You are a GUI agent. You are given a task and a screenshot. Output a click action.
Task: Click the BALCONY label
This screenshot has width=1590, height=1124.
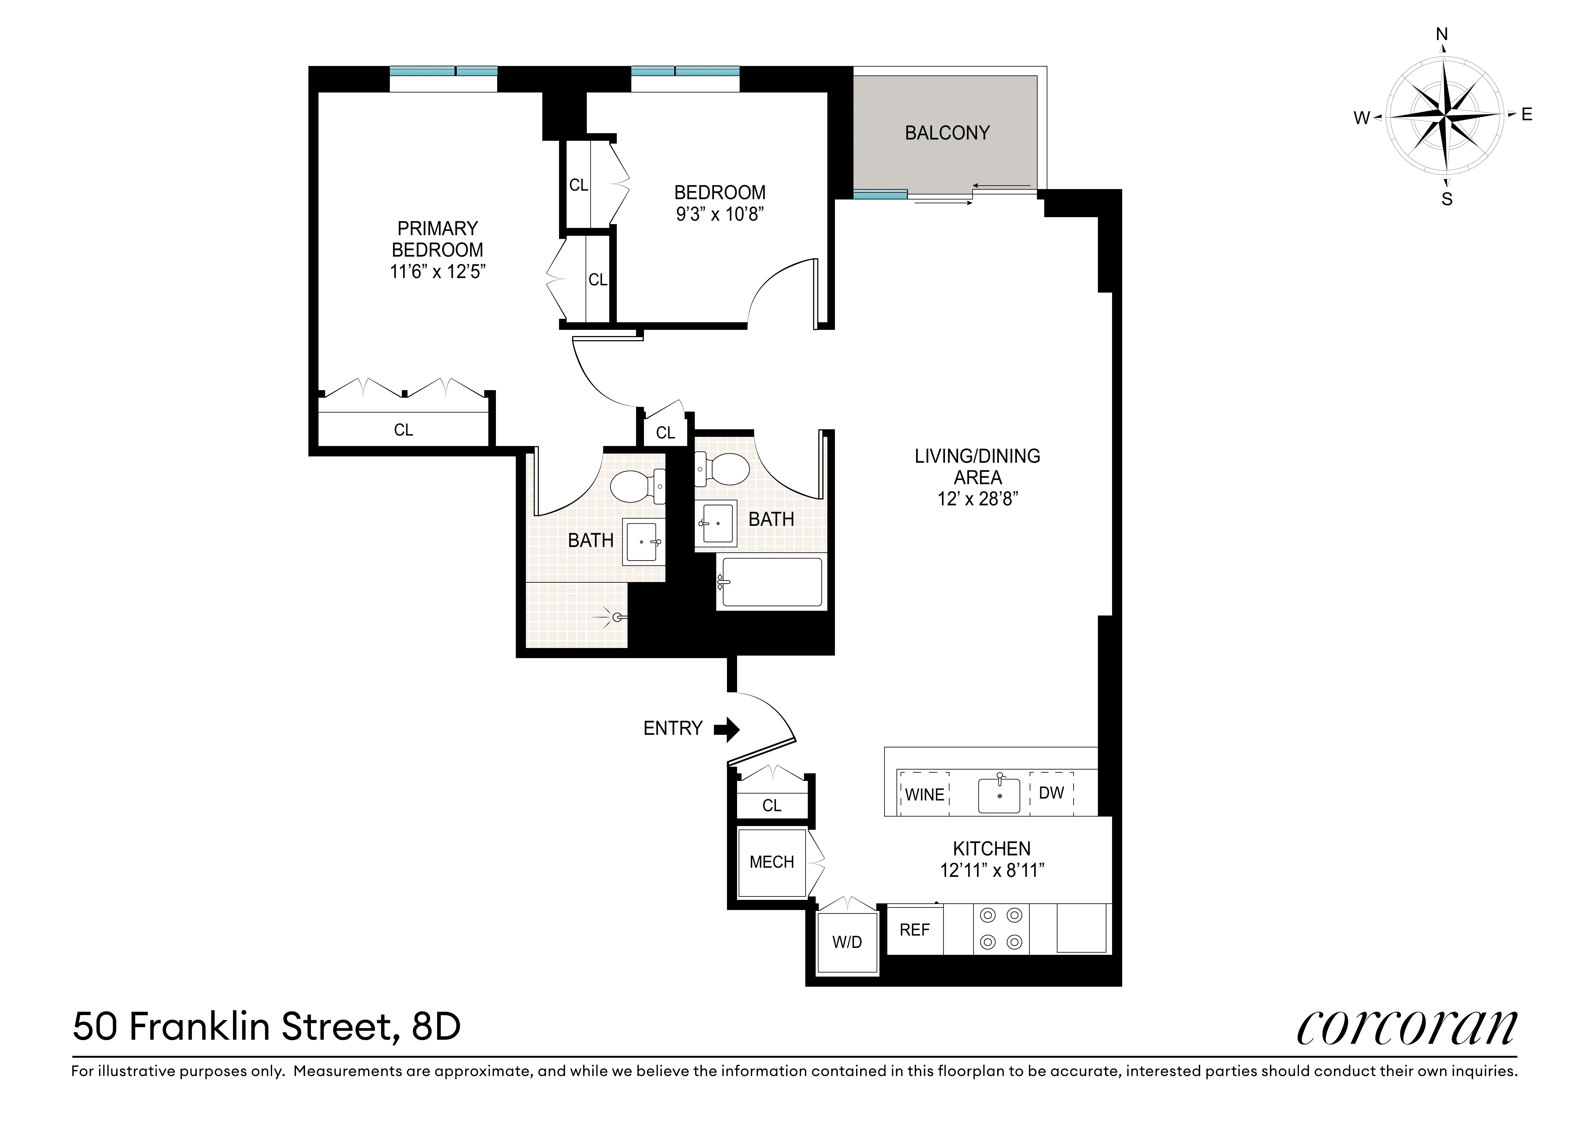pyautogui.click(x=947, y=133)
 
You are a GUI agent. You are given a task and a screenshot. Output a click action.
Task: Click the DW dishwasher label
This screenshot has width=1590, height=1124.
pyautogui.click(x=1051, y=793)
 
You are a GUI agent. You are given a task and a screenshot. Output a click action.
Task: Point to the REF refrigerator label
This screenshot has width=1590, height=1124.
pyautogui.click(x=914, y=930)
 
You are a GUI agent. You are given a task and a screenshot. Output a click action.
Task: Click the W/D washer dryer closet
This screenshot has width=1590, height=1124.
pyautogui.click(x=847, y=942)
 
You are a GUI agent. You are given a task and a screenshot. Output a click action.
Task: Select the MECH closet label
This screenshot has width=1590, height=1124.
pyautogui.click(x=771, y=862)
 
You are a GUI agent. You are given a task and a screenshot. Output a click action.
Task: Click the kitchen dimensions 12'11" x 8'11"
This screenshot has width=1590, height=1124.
pyautogui.click(x=992, y=871)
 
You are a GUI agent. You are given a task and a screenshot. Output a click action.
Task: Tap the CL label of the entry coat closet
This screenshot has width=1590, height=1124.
pyautogui.click(x=771, y=806)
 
